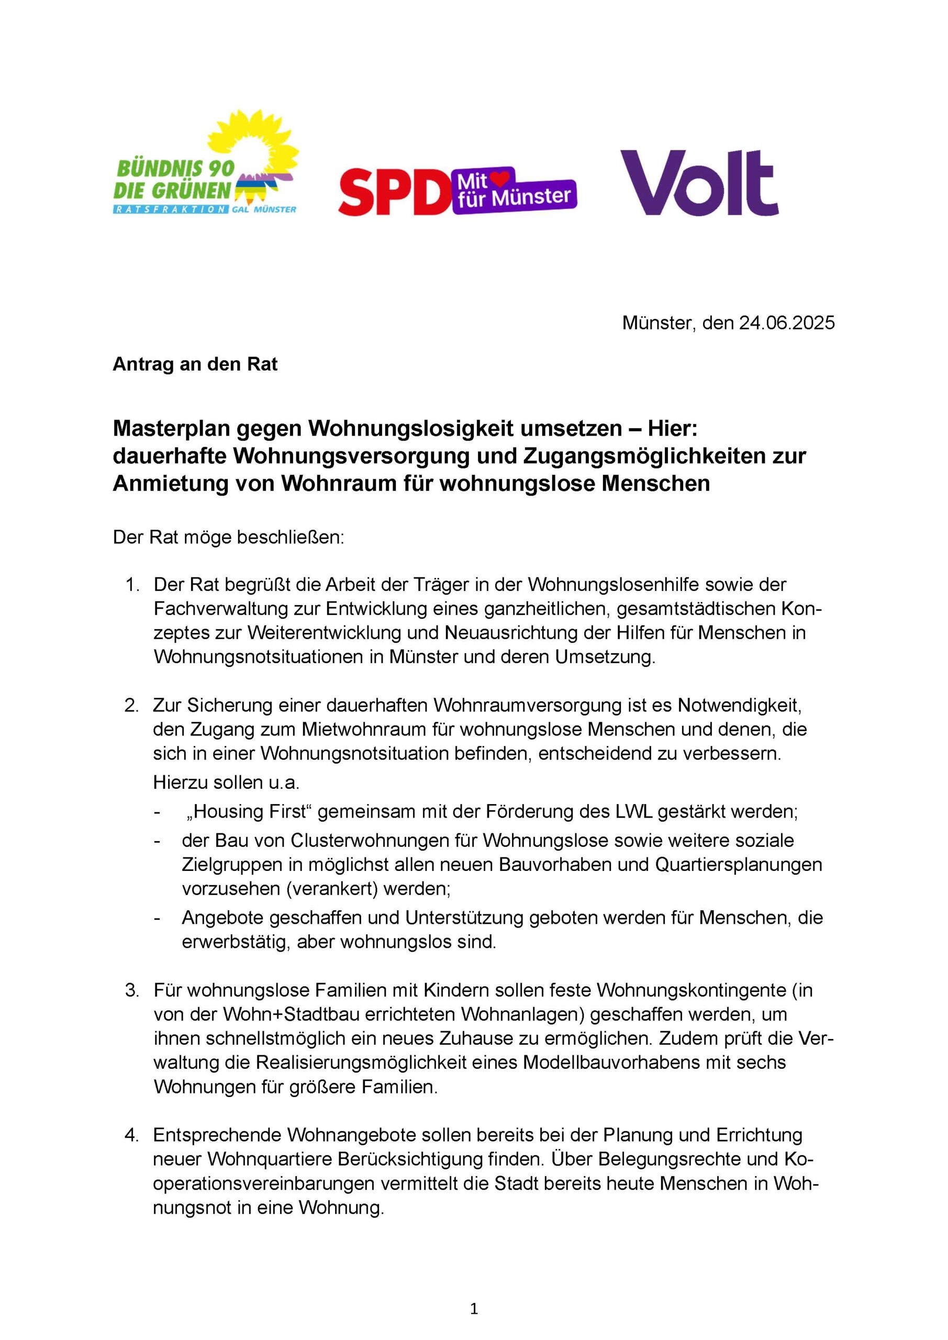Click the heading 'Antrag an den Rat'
[x=195, y=364]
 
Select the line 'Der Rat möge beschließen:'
[x=229, y=537]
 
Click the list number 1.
[x=132, y=585]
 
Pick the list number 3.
[x=132, y=990]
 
